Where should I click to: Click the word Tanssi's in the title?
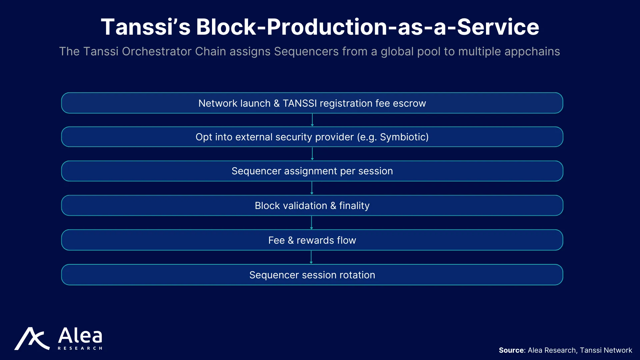point(146,27)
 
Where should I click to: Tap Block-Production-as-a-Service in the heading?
point(368,27)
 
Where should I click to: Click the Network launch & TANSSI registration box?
point(312,103)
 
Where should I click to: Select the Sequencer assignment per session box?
point(312,171)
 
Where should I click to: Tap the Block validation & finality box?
point(312,205)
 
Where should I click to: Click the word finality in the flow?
point(354,206)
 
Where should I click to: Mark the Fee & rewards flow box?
point(312,240)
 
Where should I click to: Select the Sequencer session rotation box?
point(312,275)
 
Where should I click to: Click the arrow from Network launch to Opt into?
point(312,120)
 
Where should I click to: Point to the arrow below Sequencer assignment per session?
point(312,188)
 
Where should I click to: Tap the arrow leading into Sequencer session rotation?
point(311,257)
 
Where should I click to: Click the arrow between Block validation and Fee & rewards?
point(312,223)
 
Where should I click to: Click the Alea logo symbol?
point(32,339)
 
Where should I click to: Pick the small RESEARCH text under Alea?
point(80,348)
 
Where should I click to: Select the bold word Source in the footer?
point(512,350)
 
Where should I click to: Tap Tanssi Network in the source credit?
point(606,350)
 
